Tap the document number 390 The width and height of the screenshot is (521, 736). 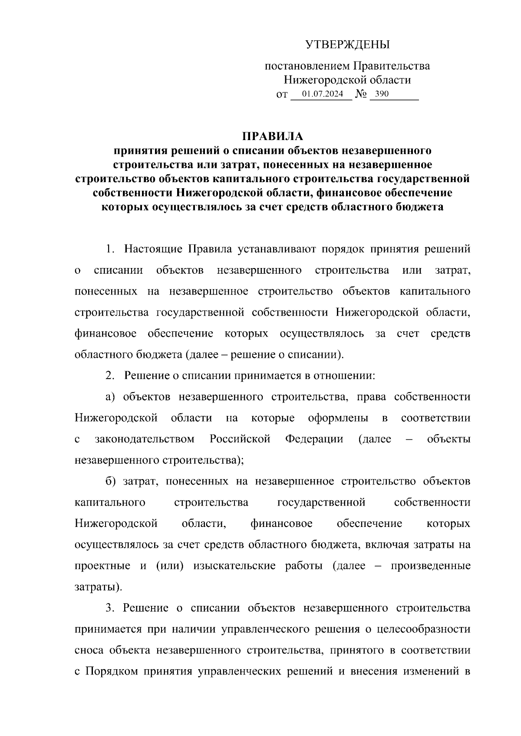pos(382,94)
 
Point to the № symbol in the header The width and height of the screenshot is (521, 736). pos(361,94)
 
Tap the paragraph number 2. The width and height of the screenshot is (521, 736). pos(109,376)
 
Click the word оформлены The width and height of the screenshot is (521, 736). pos(338,418)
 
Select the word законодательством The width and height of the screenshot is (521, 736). pos(145,439)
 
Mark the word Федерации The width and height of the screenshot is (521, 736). pos(314,439)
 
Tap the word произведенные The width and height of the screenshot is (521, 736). pos(431,566)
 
